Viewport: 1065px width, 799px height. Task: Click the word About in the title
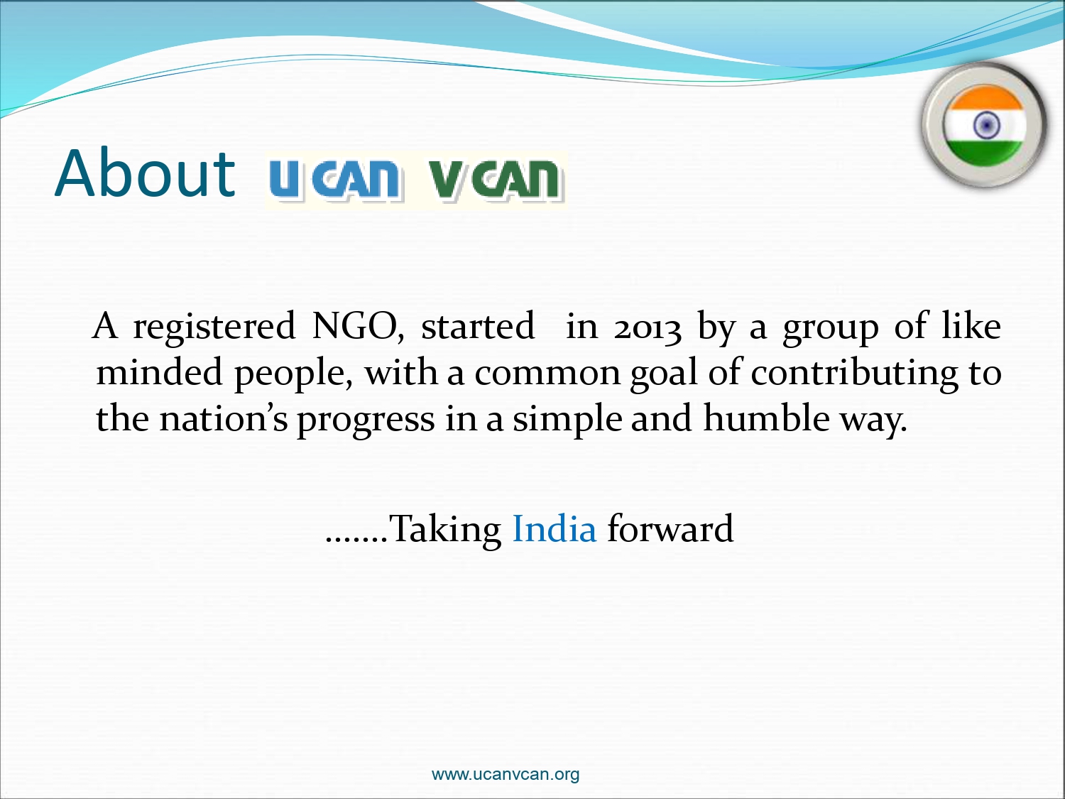pyautogui.click(x=145, y=174)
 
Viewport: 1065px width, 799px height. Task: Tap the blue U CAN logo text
pyautogui.click(x=335, y=178)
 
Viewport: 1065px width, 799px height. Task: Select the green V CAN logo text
pyautogui.click(x=496, y=178)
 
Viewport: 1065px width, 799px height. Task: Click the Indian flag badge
pyautogui.click(x=984, y=125)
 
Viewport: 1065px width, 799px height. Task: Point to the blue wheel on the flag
pyautogui.click(x=986, y=125)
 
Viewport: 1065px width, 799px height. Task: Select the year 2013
pyautogui.click(x=648, y=327)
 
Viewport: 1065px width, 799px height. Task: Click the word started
pyautogui.click(x=477, y=327)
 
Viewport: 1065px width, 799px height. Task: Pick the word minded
pyautogui.click(x=159, y=372)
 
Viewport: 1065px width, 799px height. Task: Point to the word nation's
pyautogui.click(x=224, y=418)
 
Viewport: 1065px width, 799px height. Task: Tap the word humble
pyautogui.click(x=767, y=418)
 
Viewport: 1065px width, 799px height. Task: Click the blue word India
pyautogui.click(x=554, y=528)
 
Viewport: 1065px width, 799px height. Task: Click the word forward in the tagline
pyautogui.click(x=670, y=528)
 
